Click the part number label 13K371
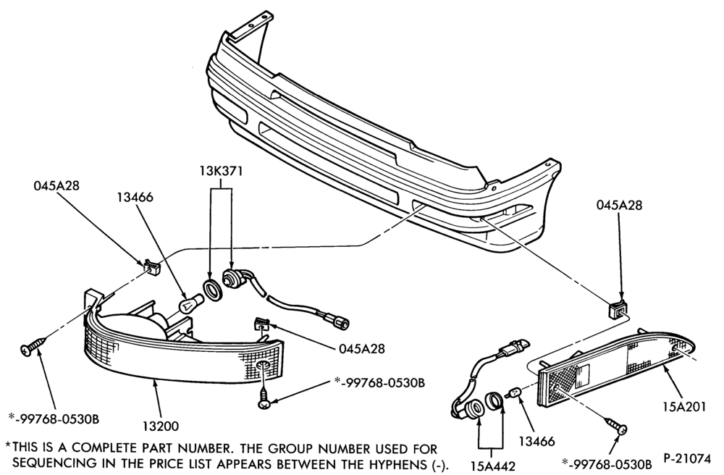point(221,172)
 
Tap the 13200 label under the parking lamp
point(161,426)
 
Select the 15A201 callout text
point(684,407)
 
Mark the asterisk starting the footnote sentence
point(8,445)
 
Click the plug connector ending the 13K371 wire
point(341,322)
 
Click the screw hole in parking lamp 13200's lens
point(264,366)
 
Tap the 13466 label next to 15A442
point(536,441)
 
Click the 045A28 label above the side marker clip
point(619,206)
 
